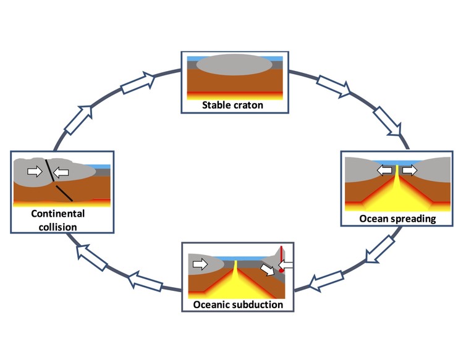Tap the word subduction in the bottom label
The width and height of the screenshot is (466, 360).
click(256, 304)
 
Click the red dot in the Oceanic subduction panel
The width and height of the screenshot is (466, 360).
click(281, 269)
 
